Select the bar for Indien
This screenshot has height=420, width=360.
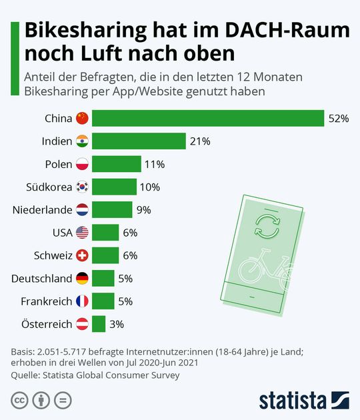tap(139, 141)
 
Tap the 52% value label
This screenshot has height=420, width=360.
tap(339, 119)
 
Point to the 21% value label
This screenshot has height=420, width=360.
tap(200, 141)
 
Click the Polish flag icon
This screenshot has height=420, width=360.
tap(82, 164)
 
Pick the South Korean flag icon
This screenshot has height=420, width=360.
tap(82, 187)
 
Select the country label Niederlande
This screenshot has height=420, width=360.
tap(42, 210)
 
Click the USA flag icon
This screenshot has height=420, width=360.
tap(82, 233)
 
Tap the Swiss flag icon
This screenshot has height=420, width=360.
tap(82, 255)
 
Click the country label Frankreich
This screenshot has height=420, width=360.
tap(47, 301)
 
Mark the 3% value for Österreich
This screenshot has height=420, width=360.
tap(117, 324)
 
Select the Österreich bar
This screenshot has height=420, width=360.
tap(99, 324)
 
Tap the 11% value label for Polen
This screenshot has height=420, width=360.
tap(155, 164)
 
